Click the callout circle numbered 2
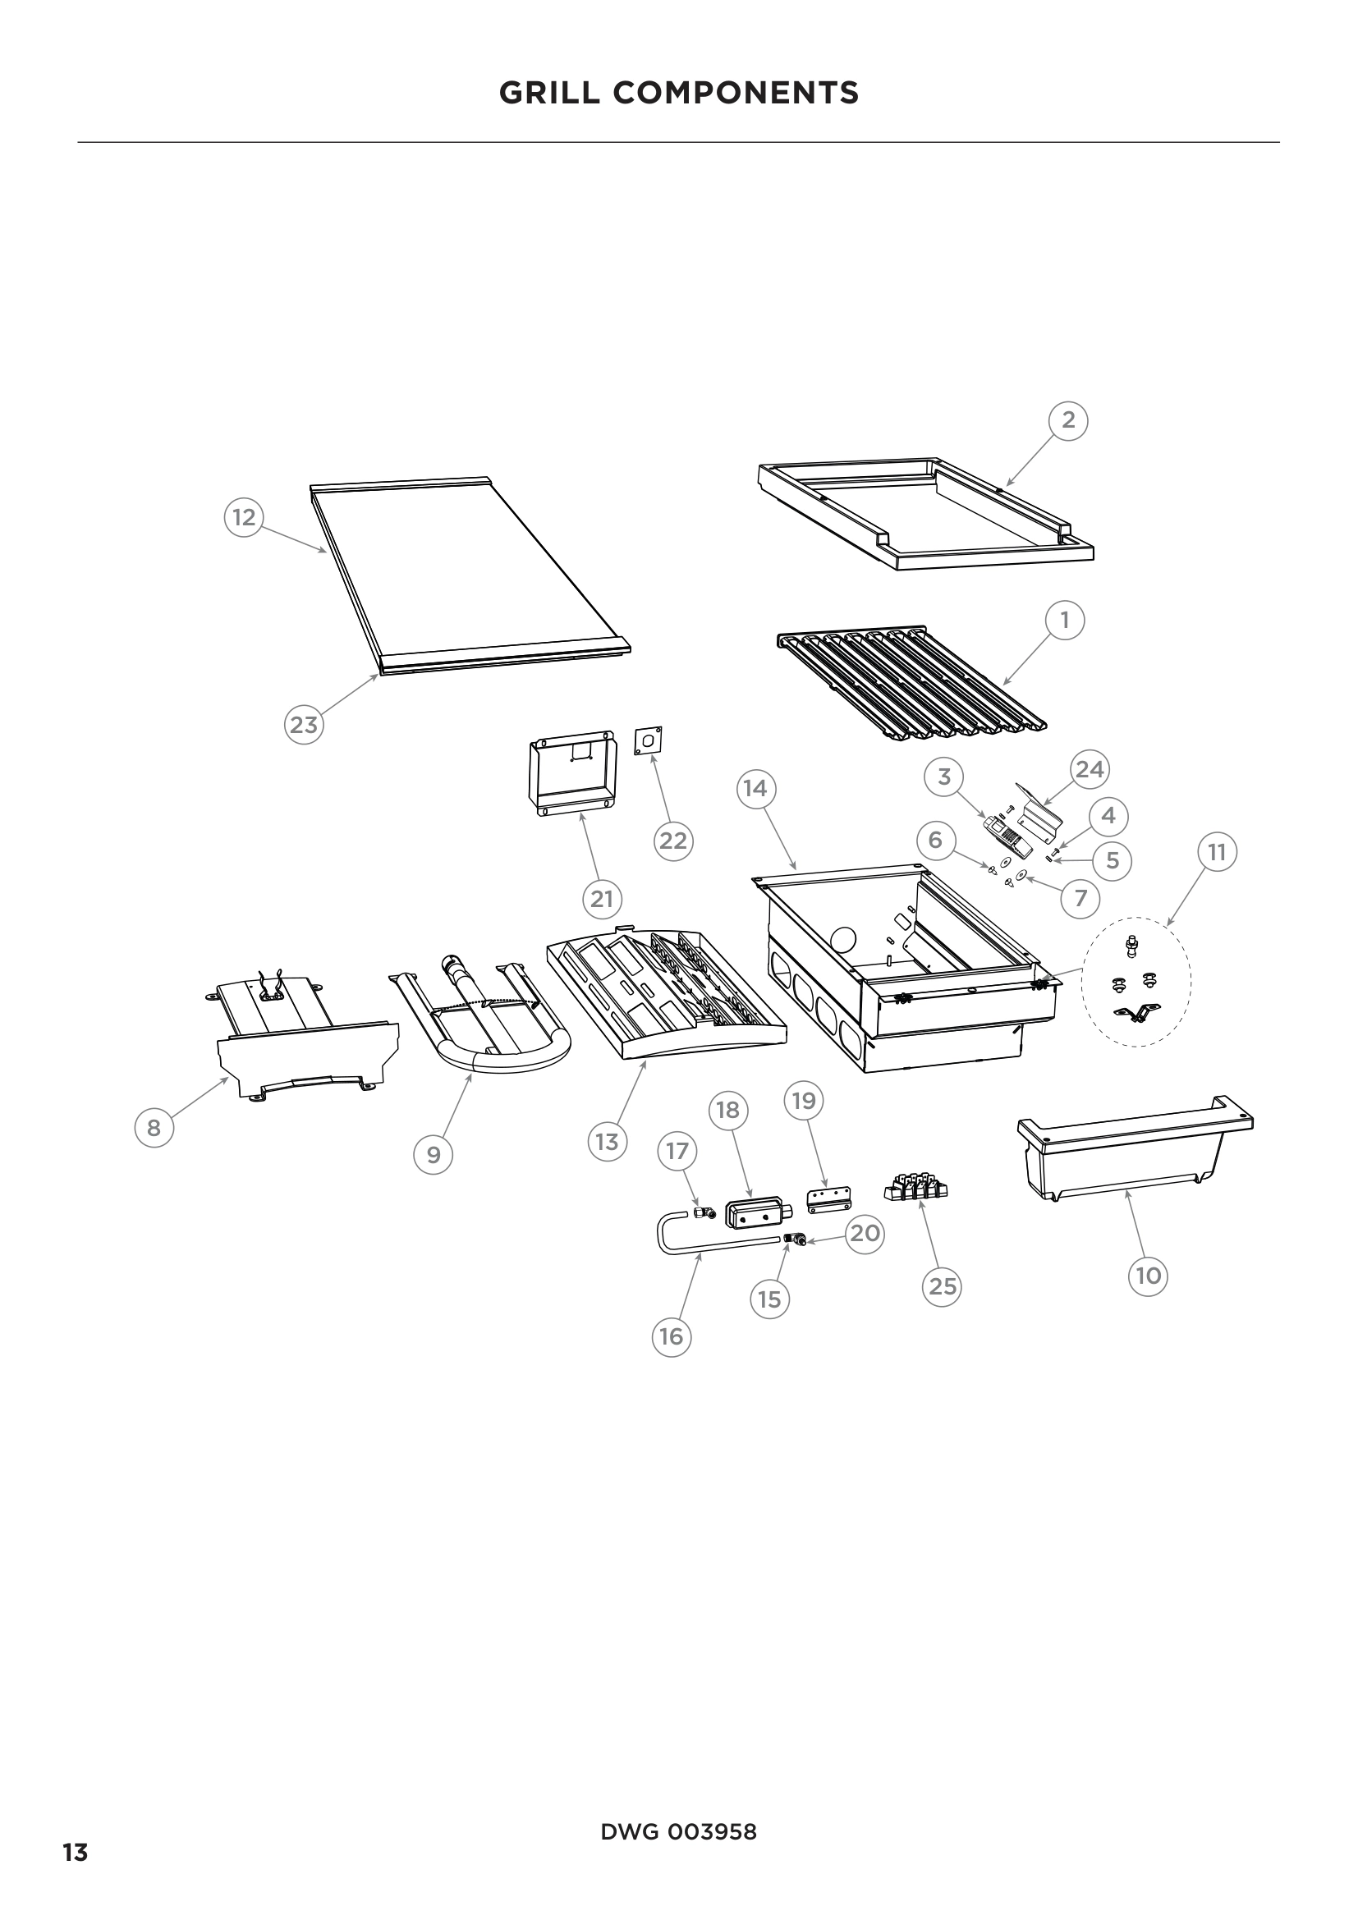(1068, 420)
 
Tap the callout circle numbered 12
(243, 518)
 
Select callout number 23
(304, 725)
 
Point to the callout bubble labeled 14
(755, 789)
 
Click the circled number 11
(1217, 852)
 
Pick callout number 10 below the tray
(1148, 1276)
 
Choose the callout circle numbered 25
(943, 1285)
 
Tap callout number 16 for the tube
(672, 1336)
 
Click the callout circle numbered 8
(154, 1128)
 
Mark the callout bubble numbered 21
(602, 899)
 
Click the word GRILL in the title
(548, 93)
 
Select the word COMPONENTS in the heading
(736, 93)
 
